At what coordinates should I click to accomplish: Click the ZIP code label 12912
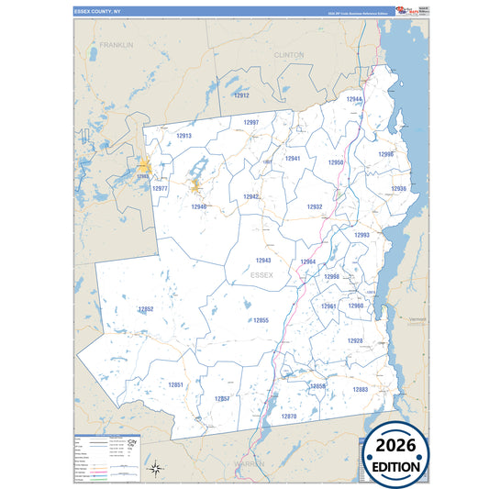coord(241,94)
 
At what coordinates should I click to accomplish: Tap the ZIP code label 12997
coord(250,122)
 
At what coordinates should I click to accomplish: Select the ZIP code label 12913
coord(183,136)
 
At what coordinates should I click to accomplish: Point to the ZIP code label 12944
coord(354,99)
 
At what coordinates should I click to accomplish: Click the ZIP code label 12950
coord(336,162)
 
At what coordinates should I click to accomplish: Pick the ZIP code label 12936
coord(398,188)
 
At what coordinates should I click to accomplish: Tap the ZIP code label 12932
coord(315,206)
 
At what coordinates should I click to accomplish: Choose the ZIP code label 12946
coord(199,206)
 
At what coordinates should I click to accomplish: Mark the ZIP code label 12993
coord(361,235)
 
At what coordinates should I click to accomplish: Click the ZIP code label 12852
coord(145,309)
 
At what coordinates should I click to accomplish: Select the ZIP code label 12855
coord(261,319)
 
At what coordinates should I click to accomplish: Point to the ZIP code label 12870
coord(289,417)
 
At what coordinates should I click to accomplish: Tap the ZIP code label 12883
coord(360,390)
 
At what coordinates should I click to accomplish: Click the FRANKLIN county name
coord(117,44)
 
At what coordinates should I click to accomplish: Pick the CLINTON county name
coord(288,55)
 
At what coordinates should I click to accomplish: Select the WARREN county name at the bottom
coord(249,465)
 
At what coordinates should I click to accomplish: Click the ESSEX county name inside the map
coord(261,274)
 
